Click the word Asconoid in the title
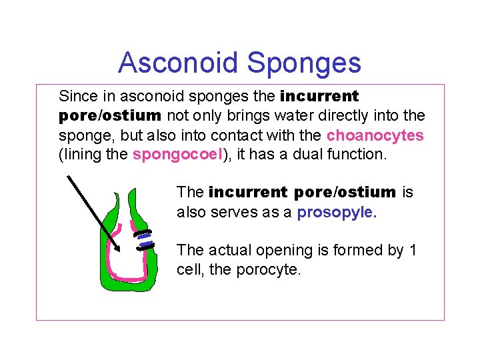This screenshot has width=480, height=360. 178,63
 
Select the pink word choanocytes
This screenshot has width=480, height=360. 375,135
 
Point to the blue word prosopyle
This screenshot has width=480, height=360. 337,212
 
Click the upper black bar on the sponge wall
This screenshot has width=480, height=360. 142,233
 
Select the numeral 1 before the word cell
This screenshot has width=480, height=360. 413,251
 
